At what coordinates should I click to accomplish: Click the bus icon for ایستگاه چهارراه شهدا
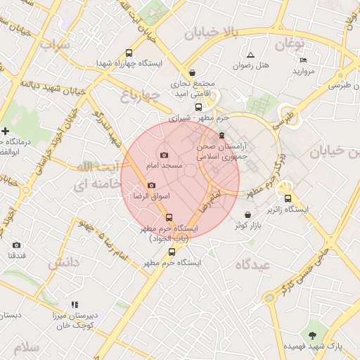129,53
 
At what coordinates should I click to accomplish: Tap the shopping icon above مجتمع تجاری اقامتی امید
192,72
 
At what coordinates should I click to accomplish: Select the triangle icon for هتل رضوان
250,55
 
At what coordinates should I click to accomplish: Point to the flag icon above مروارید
303,60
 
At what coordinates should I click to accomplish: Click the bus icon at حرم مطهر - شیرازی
198,108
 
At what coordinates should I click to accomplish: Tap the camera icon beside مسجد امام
164,155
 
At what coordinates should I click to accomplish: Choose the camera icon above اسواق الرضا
151,185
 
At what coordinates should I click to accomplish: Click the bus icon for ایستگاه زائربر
288,198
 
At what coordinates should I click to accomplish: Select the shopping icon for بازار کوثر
247,214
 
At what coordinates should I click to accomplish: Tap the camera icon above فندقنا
16,245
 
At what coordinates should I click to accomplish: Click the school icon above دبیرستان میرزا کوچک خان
75,305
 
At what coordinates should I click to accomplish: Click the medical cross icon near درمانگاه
6,131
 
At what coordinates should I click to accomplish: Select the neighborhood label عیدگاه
253,264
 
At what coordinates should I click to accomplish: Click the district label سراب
56,46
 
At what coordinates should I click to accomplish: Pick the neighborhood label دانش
64,263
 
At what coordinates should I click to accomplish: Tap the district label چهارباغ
141,95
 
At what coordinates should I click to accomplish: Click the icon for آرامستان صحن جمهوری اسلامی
222,135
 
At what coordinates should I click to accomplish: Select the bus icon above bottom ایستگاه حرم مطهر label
172,252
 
